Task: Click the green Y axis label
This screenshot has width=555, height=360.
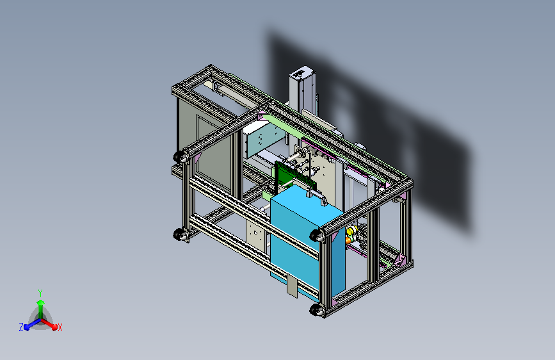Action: point(40,293)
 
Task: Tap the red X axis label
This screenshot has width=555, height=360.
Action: point(60,328)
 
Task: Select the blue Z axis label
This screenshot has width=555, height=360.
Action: point(21,327)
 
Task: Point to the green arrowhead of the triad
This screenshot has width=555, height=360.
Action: point(40,302)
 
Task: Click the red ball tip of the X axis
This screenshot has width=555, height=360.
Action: point(54,327)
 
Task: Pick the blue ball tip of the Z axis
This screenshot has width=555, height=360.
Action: point(26,327)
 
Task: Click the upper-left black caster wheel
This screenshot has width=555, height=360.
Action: point(180,156)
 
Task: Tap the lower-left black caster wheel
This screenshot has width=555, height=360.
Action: point(180,234)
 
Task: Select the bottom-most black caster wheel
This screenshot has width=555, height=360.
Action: point(316,310)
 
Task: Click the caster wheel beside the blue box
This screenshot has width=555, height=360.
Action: point(317,235)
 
